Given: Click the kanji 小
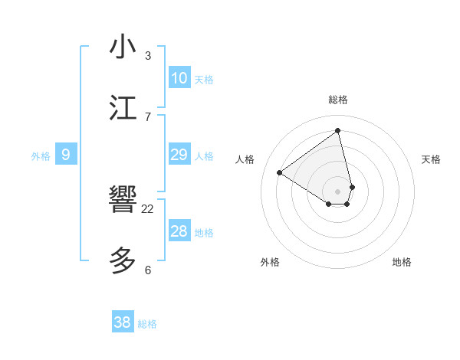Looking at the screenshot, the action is click(123, 47).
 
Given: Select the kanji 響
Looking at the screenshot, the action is click(123, 201).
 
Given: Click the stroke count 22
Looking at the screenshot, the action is click(148, 208).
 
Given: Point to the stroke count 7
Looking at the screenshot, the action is click(148, 116).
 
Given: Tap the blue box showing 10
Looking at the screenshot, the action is click(179, 78).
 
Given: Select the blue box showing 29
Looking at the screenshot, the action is click(179, 155).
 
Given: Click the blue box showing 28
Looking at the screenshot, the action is click(179, 231).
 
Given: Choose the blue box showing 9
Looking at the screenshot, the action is click(66, 155).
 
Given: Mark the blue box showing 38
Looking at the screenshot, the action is click(123, 322).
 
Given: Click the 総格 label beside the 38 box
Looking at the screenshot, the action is click(148, 324).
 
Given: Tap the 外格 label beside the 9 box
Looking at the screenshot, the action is click(41, 156).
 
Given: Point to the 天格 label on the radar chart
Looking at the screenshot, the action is click(431, 159).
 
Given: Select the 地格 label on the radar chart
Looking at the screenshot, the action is click(402, 262).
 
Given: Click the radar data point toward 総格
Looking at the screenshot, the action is click(337, 130).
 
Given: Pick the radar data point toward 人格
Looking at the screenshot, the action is click(280, 173).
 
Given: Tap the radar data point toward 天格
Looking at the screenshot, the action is click(352, 187).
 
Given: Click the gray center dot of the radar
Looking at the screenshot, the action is click(337, 191).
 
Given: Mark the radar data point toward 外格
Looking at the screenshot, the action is click(329, 204).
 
